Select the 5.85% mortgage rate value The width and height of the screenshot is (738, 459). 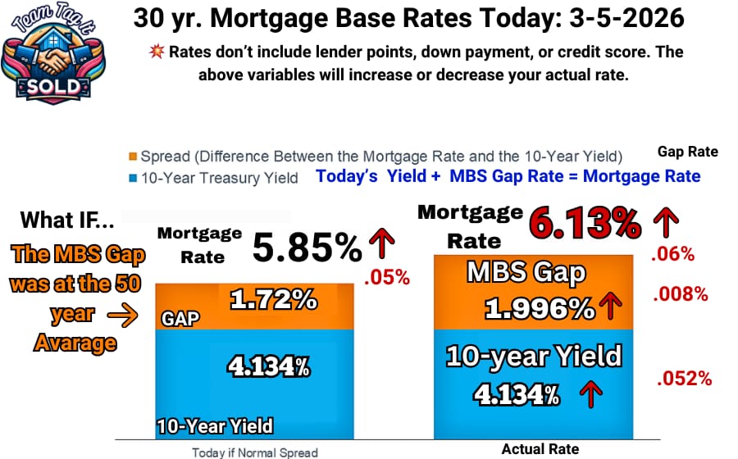point(306,248)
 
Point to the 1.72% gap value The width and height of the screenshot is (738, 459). point(273,300)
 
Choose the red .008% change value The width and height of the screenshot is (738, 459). point(680,293)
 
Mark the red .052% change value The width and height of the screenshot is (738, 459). point(683,378)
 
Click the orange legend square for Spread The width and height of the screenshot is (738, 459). point(132,156)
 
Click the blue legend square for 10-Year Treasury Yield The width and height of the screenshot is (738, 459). point(132,177)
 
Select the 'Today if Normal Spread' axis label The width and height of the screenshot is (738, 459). point(254,452)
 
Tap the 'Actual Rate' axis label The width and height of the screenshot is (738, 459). point(540,449)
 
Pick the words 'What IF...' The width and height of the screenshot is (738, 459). point(66,220)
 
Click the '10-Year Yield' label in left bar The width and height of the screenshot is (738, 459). point(215,426)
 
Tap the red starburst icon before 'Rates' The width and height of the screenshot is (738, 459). point(156,52)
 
